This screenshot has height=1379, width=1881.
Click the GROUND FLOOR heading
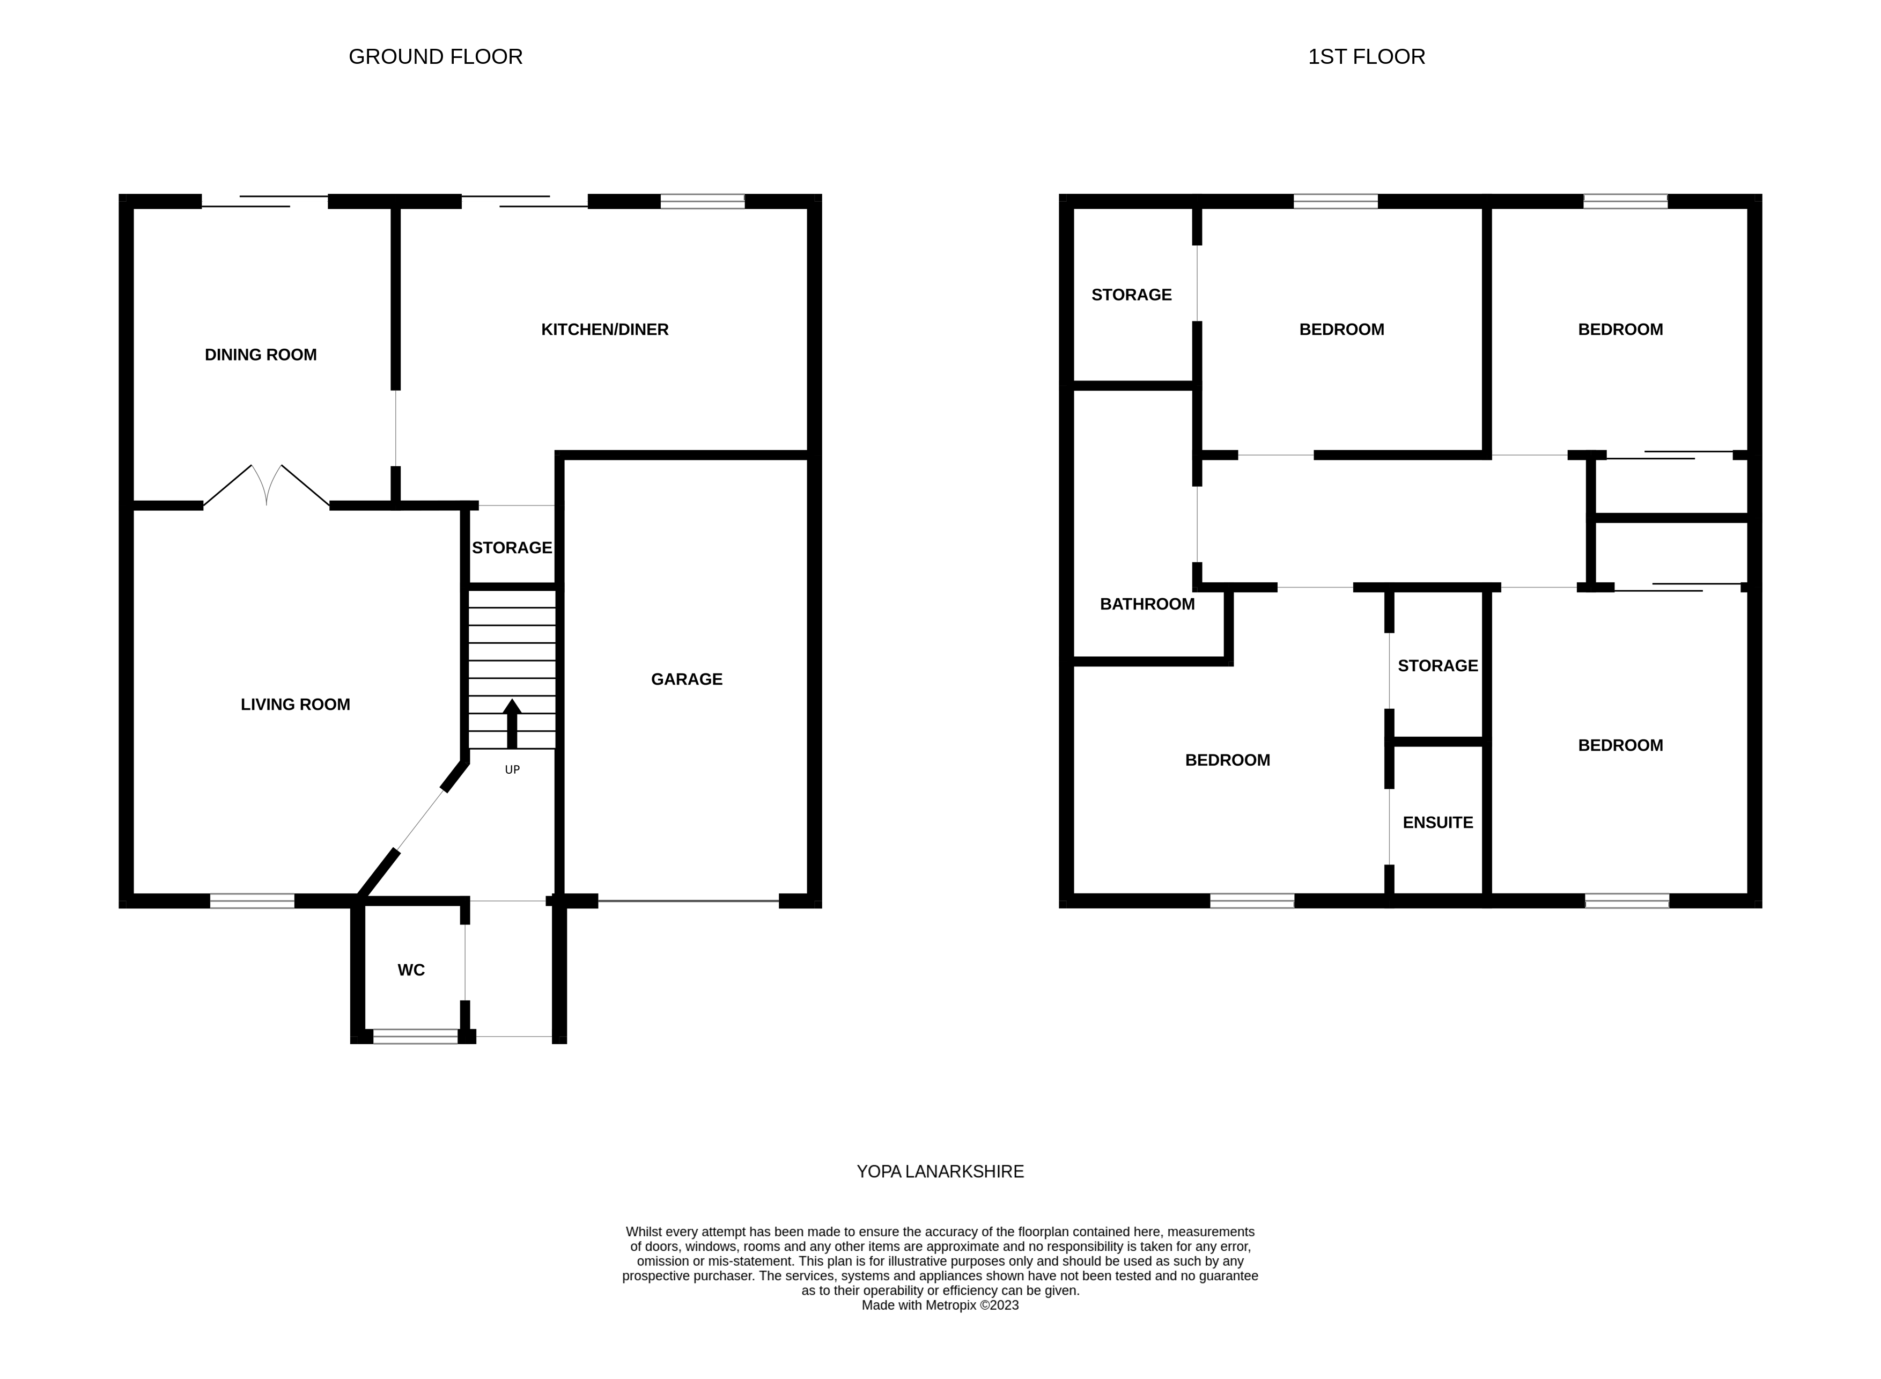click(x=435, y=57)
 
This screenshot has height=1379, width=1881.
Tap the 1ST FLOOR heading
click(x=1366, y=57)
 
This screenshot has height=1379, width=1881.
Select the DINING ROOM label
click(x=260, y=355)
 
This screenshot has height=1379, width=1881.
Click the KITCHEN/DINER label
click(x=604, y=329)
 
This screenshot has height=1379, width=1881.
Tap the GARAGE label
click(x=686, y=679)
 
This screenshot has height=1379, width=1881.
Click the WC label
click(x=411, y=970)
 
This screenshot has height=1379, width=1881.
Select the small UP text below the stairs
click(x=512, y=769)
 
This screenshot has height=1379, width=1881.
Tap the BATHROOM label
click(x=1147, y=604)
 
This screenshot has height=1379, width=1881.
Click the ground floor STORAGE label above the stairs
click(x=512, y=548)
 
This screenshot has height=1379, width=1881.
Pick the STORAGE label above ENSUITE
click(x=1437, y=666)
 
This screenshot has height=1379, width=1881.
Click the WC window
click(x=415, y=1036)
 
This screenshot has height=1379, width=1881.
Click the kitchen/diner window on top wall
click(x=702, y=201)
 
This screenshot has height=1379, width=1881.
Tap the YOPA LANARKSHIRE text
click(x=940, y=1172)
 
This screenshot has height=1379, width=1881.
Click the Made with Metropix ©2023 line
click(x=940, y=1305)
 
